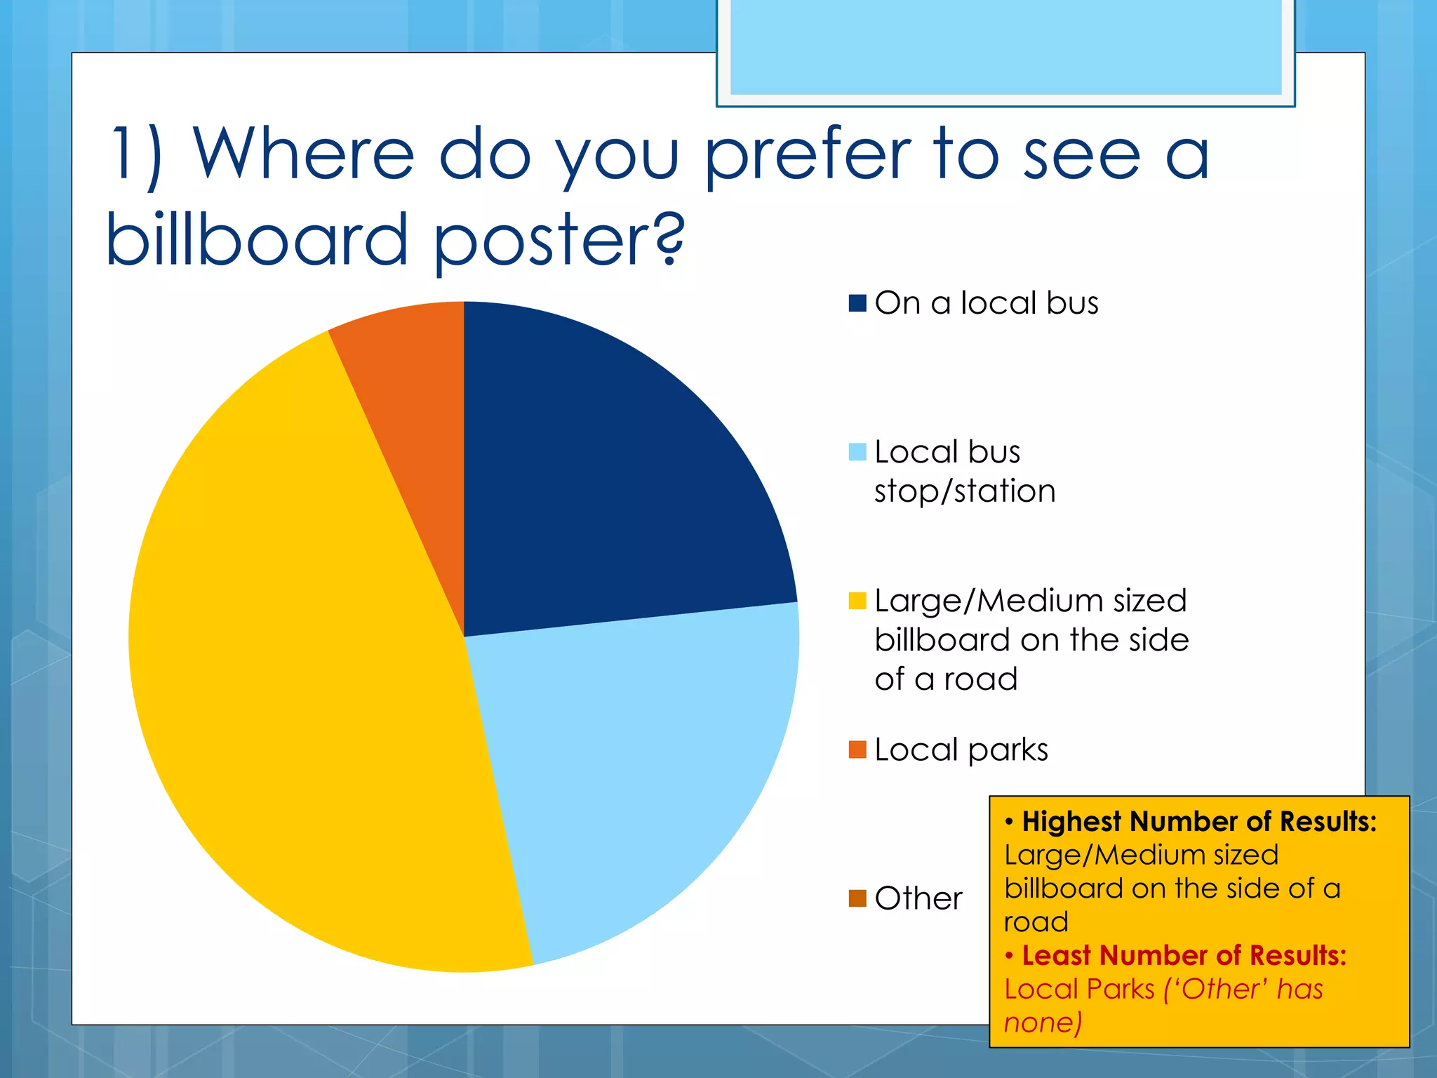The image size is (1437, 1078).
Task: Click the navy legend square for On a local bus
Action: point(857,302)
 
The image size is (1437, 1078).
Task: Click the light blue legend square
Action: point(857,452)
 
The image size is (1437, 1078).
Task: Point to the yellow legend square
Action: point(857,601)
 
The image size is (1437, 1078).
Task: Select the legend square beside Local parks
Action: point(857,750)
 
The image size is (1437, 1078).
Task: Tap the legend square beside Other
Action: point(857,898)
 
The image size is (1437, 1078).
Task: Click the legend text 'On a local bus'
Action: point(987,302)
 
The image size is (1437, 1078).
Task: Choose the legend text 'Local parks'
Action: point(961,750)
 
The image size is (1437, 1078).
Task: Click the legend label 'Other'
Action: point(918,898)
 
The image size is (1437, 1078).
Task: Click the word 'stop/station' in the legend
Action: point(965,491)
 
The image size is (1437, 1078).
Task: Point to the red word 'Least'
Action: point(1056,955)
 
